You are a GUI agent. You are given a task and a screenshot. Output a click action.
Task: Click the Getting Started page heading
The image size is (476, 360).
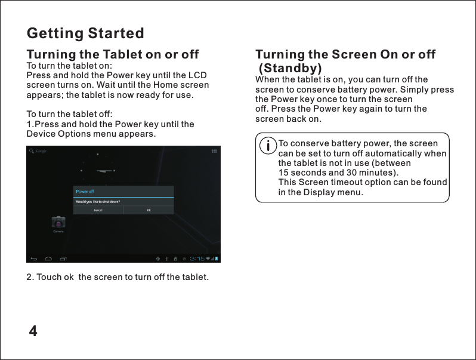pos(85,33)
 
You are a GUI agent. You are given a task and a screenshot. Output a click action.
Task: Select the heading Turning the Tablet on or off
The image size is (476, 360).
pos(113,55)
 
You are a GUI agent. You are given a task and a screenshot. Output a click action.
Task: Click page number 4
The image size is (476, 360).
pos(33,331)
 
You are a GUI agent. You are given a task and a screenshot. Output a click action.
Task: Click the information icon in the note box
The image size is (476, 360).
pos(269,145)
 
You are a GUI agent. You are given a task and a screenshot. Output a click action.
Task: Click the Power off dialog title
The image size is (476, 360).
pos(84,192)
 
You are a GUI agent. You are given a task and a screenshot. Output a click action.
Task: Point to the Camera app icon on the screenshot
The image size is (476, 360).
pos(58,223)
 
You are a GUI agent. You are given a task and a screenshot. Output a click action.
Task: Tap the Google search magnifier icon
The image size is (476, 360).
pos(31,151)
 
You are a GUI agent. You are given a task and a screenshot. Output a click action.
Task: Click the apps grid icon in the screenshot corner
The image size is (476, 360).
pos(214,151)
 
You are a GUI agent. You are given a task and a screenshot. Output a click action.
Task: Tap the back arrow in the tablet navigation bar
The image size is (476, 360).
pos(33,259)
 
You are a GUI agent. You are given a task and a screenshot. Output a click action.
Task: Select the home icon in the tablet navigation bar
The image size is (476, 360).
pos(48,259)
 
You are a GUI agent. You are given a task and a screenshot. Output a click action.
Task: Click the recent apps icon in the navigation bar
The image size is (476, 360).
pos(63,259)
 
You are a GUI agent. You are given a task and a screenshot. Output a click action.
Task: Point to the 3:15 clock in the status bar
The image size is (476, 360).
pos(197,259)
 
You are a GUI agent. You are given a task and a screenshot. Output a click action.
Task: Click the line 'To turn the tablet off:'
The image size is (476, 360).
pos(69,114)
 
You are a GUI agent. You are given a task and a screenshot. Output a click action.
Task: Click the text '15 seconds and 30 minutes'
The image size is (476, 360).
pos(338,173)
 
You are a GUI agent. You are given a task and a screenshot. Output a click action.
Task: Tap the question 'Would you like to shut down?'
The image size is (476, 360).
pos(97,201)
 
